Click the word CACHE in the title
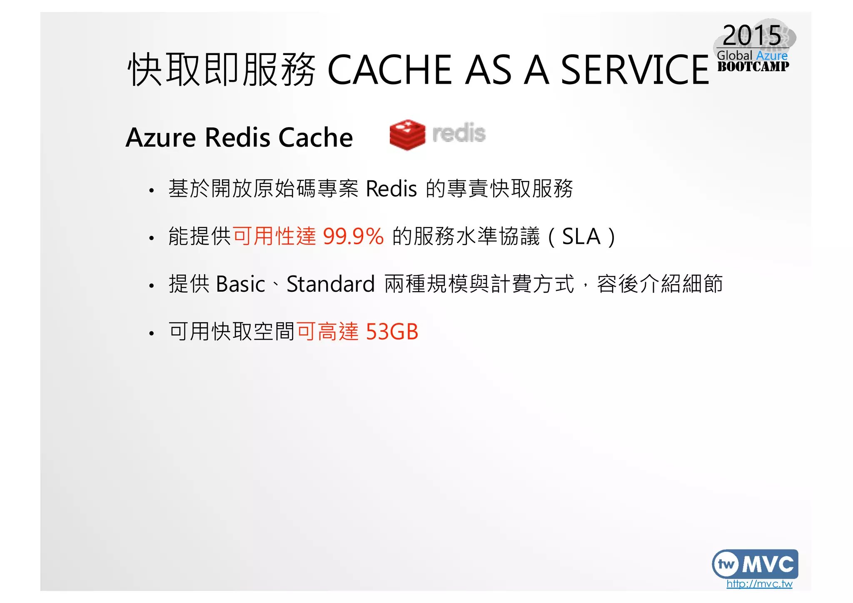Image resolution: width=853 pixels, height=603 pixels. [390, 70]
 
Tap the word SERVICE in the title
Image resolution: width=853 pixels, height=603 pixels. [635, 70]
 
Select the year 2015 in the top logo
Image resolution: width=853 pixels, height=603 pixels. [752, 35]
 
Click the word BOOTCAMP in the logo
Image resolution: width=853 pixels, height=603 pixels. [753, 67]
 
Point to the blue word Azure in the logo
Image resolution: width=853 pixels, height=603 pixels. [772, 55]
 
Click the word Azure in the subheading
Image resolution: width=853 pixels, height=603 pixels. [161, 138]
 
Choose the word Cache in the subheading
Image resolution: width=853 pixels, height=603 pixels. [315, 138]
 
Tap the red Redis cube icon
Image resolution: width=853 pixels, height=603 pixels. [407, 135]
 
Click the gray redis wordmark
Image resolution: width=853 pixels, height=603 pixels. [459, 133]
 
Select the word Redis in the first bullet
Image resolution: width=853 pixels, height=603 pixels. [391, 189]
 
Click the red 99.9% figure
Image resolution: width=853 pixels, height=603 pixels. [353, 236]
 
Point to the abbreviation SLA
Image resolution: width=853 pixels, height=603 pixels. [581, 236]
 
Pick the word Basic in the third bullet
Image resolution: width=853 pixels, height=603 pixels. [241, 284]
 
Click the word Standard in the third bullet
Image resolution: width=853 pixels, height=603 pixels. [331, 284]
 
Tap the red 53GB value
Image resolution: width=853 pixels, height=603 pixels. [392, 332]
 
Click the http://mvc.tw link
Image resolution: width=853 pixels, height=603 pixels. [759, 584]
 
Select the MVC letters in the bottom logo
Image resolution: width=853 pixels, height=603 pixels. [768, 565]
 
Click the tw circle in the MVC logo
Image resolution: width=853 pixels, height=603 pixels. [726, 565]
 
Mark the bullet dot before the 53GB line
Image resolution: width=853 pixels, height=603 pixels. [152, 333]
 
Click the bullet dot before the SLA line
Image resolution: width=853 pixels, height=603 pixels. [152, 238]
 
